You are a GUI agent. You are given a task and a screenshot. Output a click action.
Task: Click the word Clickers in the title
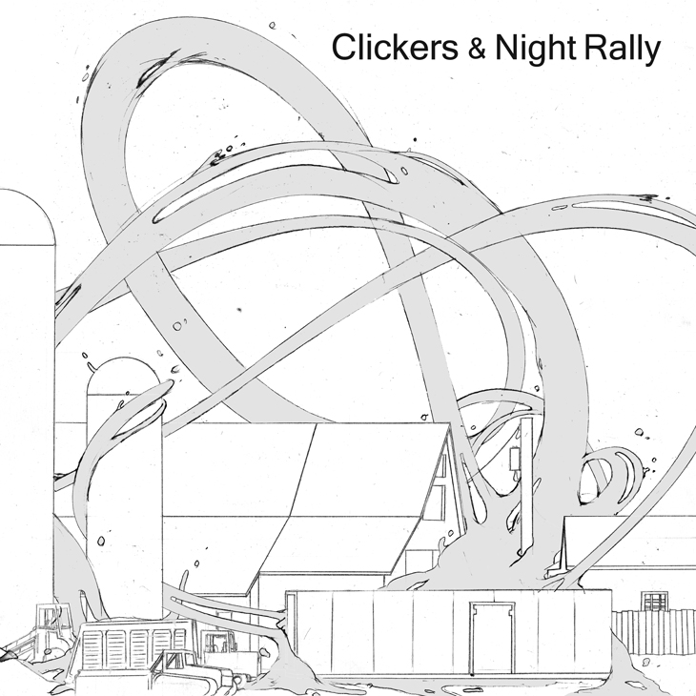coord(391,49)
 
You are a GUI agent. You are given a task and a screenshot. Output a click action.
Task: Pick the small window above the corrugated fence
coord(654,604)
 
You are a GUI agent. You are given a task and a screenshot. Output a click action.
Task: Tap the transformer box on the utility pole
coord(517,460)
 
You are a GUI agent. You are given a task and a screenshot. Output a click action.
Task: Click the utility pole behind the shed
coord(526,496)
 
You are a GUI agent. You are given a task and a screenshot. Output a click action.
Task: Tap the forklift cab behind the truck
coord(222,645)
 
